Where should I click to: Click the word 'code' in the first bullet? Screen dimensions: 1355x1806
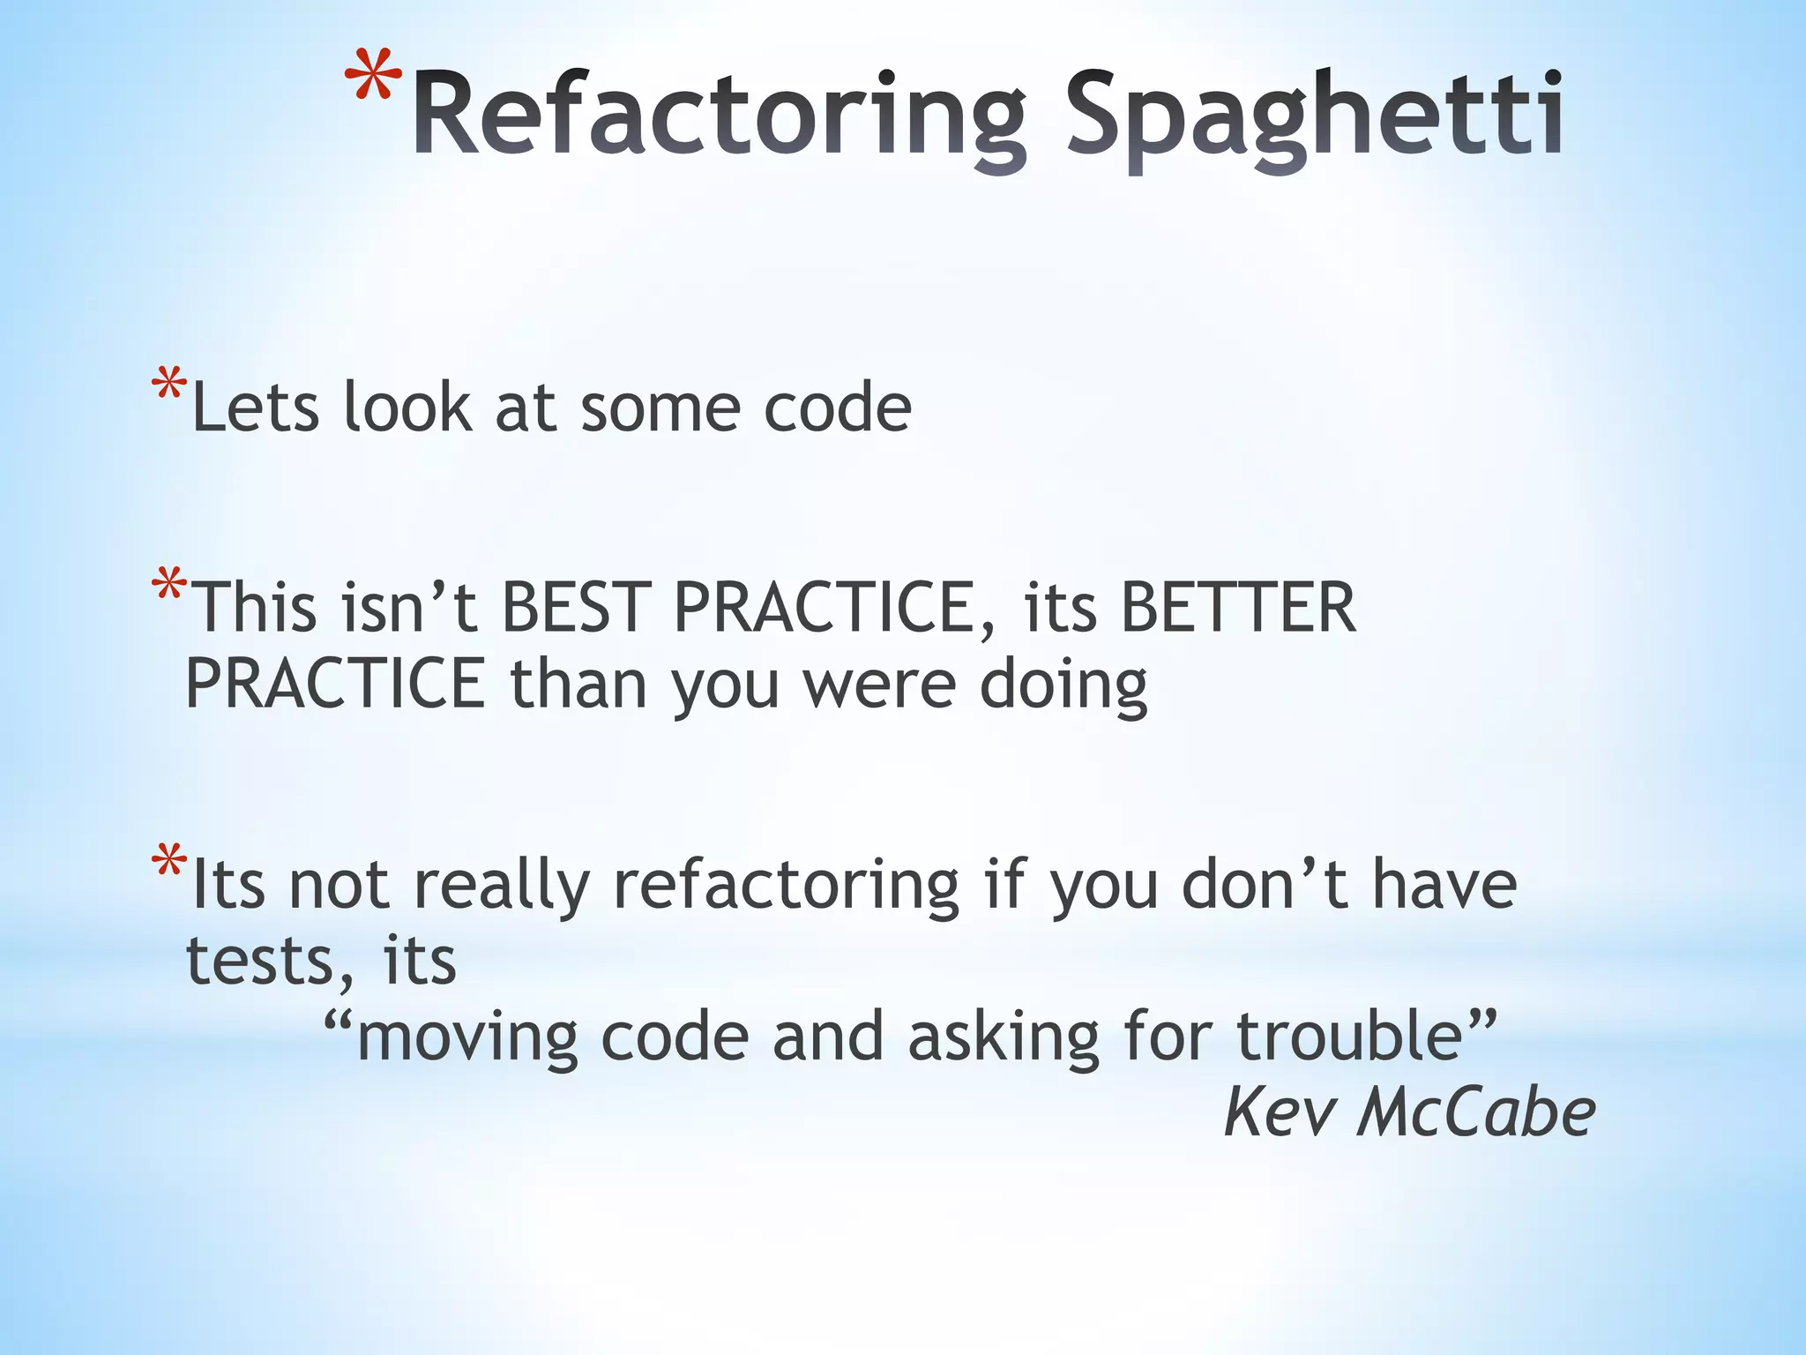point(837,408)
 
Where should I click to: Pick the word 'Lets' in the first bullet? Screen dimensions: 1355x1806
point(255,408)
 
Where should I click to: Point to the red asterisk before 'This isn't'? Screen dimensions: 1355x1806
point(168,586)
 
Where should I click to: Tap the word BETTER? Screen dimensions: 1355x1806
point(1238,608)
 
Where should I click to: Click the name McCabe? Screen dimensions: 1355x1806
point(1476,1113)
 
